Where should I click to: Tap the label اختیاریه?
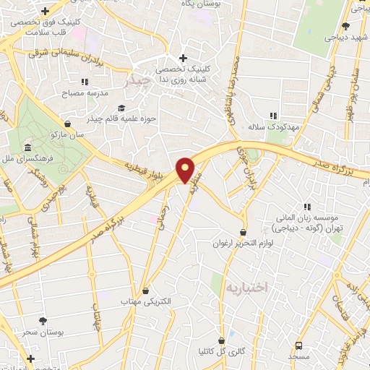pos(246,287)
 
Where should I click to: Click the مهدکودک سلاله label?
pos(273,126)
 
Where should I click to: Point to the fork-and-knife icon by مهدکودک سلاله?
pos(273,115)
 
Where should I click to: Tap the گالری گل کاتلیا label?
pos(220,352)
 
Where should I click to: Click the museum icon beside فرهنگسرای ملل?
pos(27,149)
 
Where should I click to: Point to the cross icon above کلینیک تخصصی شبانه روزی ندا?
pos(183,59)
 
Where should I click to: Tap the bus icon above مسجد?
pos(299,345)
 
